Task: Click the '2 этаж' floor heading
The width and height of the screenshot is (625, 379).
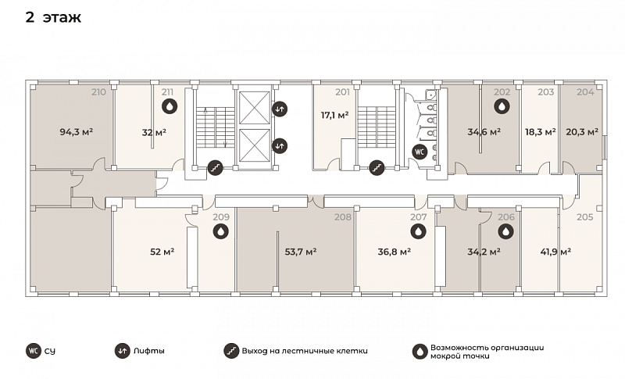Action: click(x=53, y=17)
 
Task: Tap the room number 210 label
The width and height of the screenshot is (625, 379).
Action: click(x=99, y=92)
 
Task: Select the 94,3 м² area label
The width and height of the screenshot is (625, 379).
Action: click(x=77, y=131)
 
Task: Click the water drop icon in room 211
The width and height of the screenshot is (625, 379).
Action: click(x=170, y=106)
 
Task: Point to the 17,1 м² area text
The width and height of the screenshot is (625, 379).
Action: click(x=335, y=116)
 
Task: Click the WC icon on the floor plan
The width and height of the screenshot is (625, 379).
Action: click(x=420, y=152)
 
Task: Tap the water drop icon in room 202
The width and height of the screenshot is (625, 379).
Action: click(x=502, y=106)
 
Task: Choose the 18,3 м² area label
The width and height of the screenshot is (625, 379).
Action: click(x=541, y=132)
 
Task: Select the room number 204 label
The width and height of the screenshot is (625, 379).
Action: click(x=585, y=92)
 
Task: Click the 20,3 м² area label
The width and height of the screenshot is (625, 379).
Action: click(x=582, y=131)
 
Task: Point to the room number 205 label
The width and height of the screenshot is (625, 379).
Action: click(x=585, y=217)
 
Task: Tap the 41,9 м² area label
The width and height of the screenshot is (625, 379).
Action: click(x=555, y=252)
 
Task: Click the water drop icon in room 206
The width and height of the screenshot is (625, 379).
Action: click(x=505, y=231)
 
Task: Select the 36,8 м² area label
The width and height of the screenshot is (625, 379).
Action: click(x=395, y=252)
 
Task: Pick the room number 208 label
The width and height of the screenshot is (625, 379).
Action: click(x=343, y=217)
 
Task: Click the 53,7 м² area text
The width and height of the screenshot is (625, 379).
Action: click(x=301, y=252)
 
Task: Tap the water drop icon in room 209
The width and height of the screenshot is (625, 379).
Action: click(x=220, y=231)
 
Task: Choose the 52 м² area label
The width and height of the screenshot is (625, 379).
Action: click(x=162, y=252)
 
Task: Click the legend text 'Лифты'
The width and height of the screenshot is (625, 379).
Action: click(x=149, y=351)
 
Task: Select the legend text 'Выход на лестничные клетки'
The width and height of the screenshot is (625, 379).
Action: click(x=305, y=351)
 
